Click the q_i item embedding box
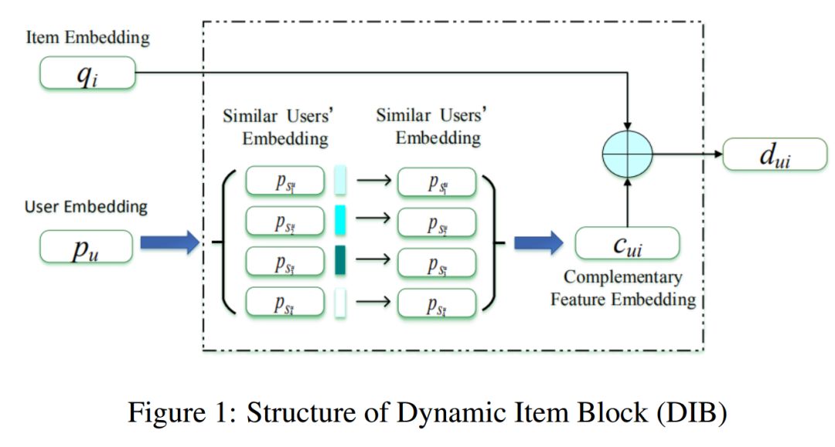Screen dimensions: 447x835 [x=87, y=75]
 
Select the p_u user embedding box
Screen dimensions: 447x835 [x=86, y=247]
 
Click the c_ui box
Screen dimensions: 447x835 [x=627, y=244]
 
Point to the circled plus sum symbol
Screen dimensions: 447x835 [x=627, y=154]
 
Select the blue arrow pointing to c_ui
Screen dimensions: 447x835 [x=539, y=244]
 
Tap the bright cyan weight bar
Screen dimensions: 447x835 [x=340, y=222]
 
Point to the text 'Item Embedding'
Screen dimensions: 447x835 [x=87, y=37]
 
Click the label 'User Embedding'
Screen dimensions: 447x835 [x=86, y=207]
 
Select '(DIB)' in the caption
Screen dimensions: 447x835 [x=690, y=413]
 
